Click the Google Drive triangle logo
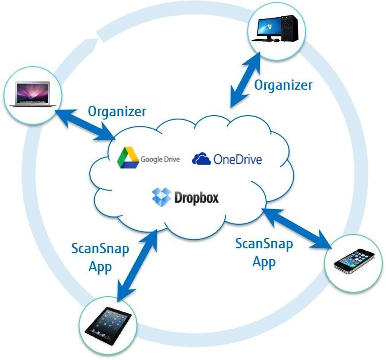tap(128, 158)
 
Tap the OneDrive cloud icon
tap(201, 159)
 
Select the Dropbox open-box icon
tap(161, 197)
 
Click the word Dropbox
tap(196, 198)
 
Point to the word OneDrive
tap(237, 159)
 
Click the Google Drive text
tap(160, 159)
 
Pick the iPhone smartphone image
tap(354, 261)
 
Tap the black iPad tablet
tap(108, 325)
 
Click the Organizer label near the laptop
tap(117, 112)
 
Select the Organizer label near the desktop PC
tap(283, 85)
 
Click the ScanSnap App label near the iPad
tap(100, 257)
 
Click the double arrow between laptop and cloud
tap(85, 125)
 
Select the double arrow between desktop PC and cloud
tap(245, 79)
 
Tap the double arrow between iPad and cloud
tap(136, 266)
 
